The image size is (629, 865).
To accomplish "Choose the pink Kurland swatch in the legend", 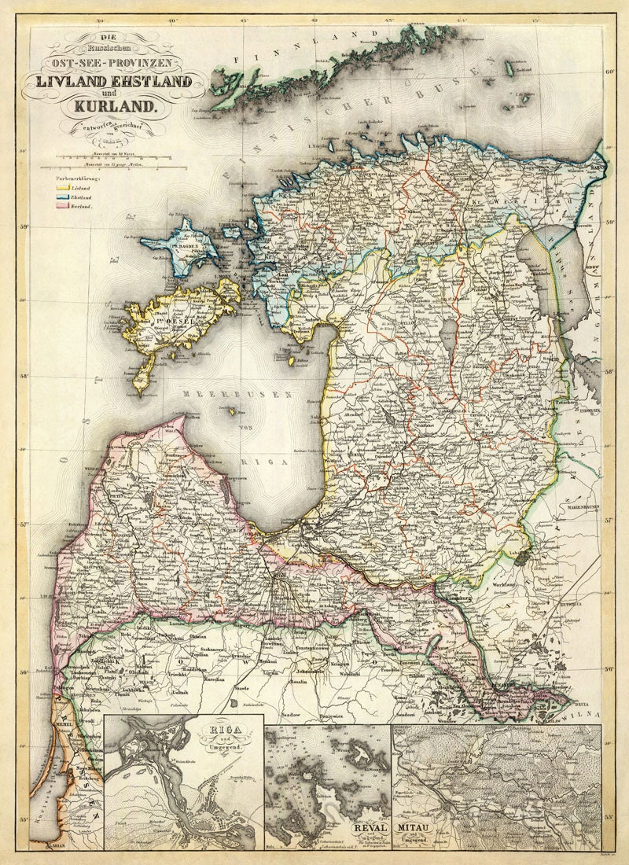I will (61, 206).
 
